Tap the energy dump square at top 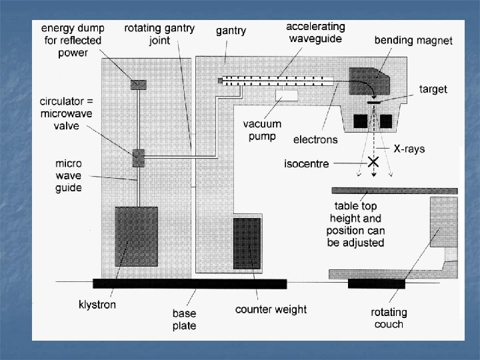tap(137, 84)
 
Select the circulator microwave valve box tap(138, 158)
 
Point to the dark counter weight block tap(247, 243)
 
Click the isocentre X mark tap(373, 161)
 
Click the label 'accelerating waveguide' tap(315, 33)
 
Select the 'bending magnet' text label tap(413, 41)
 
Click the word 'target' tap(433, 89)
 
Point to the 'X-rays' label tap(409, 149)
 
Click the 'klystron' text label tap(97, 305)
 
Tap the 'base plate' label tap(184, 319)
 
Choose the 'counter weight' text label tap(271, 309)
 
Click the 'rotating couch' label tap(389, 318)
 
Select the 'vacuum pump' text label tap(262, 129)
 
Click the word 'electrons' tap(315, 140)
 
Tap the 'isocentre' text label tap(307, 163)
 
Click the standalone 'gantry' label tap(231, 31)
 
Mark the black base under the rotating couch tap(377, 284)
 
